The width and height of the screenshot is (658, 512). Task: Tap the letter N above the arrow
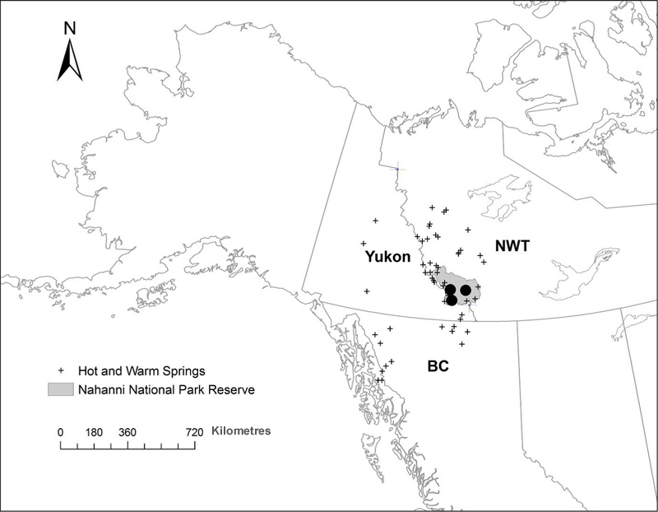coord(70,28)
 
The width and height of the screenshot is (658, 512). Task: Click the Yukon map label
coord(387,257)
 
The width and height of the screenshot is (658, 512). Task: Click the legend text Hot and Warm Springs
coord(137,370)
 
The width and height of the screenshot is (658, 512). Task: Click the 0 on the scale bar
coord(60,431)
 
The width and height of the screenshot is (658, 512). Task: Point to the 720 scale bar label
coord(195,431)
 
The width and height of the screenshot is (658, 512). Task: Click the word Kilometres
coord(241,431)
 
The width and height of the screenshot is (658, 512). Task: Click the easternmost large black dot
coord(466,290)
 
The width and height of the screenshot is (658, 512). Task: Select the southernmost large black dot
coord(452,300)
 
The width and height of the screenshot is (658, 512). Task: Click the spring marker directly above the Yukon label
coord(363,244)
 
